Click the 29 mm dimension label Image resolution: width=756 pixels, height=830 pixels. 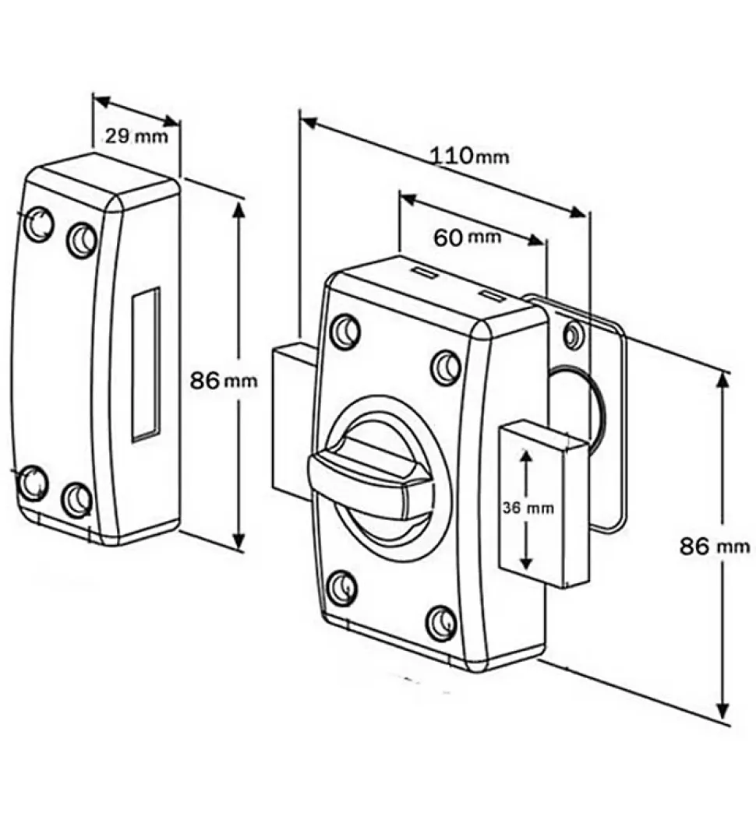pos(136,136)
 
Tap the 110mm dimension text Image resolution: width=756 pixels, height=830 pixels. pos(468,157)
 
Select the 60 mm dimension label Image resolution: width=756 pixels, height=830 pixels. pos(467,237)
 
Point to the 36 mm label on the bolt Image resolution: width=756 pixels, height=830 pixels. pos(528,508)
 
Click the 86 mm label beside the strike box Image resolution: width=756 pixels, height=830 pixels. pos(224,380)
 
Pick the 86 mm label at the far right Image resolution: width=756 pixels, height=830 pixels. pos(715,546)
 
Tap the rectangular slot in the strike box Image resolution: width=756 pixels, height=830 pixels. pos(146,364)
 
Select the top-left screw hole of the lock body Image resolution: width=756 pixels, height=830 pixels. pos(345,329)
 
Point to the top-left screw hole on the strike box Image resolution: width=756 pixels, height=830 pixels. pos(39,224)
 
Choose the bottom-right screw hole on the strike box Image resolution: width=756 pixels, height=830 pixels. pos(77,498)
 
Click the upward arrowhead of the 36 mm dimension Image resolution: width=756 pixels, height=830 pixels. pos(526,457)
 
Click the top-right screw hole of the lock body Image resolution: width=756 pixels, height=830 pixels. pos(446,366)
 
